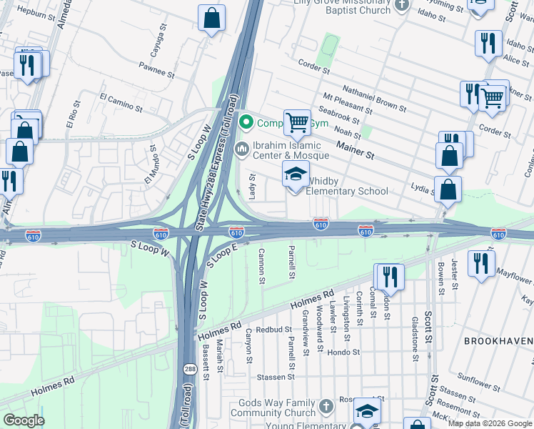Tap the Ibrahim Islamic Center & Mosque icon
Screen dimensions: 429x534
tap(242, 148)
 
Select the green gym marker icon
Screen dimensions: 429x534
tap(247, 122)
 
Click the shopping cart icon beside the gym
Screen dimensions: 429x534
tap(297, 122)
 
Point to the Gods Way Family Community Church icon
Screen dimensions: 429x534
tap(325, 405)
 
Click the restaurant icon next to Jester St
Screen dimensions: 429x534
tap(483, 262)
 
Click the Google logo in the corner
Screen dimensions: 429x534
tap(24, 420)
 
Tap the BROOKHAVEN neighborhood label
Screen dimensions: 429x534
tap(498, 341)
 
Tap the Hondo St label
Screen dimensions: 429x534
tap(343, 352)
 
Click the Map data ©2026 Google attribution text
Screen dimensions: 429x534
tap(490, 423)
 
